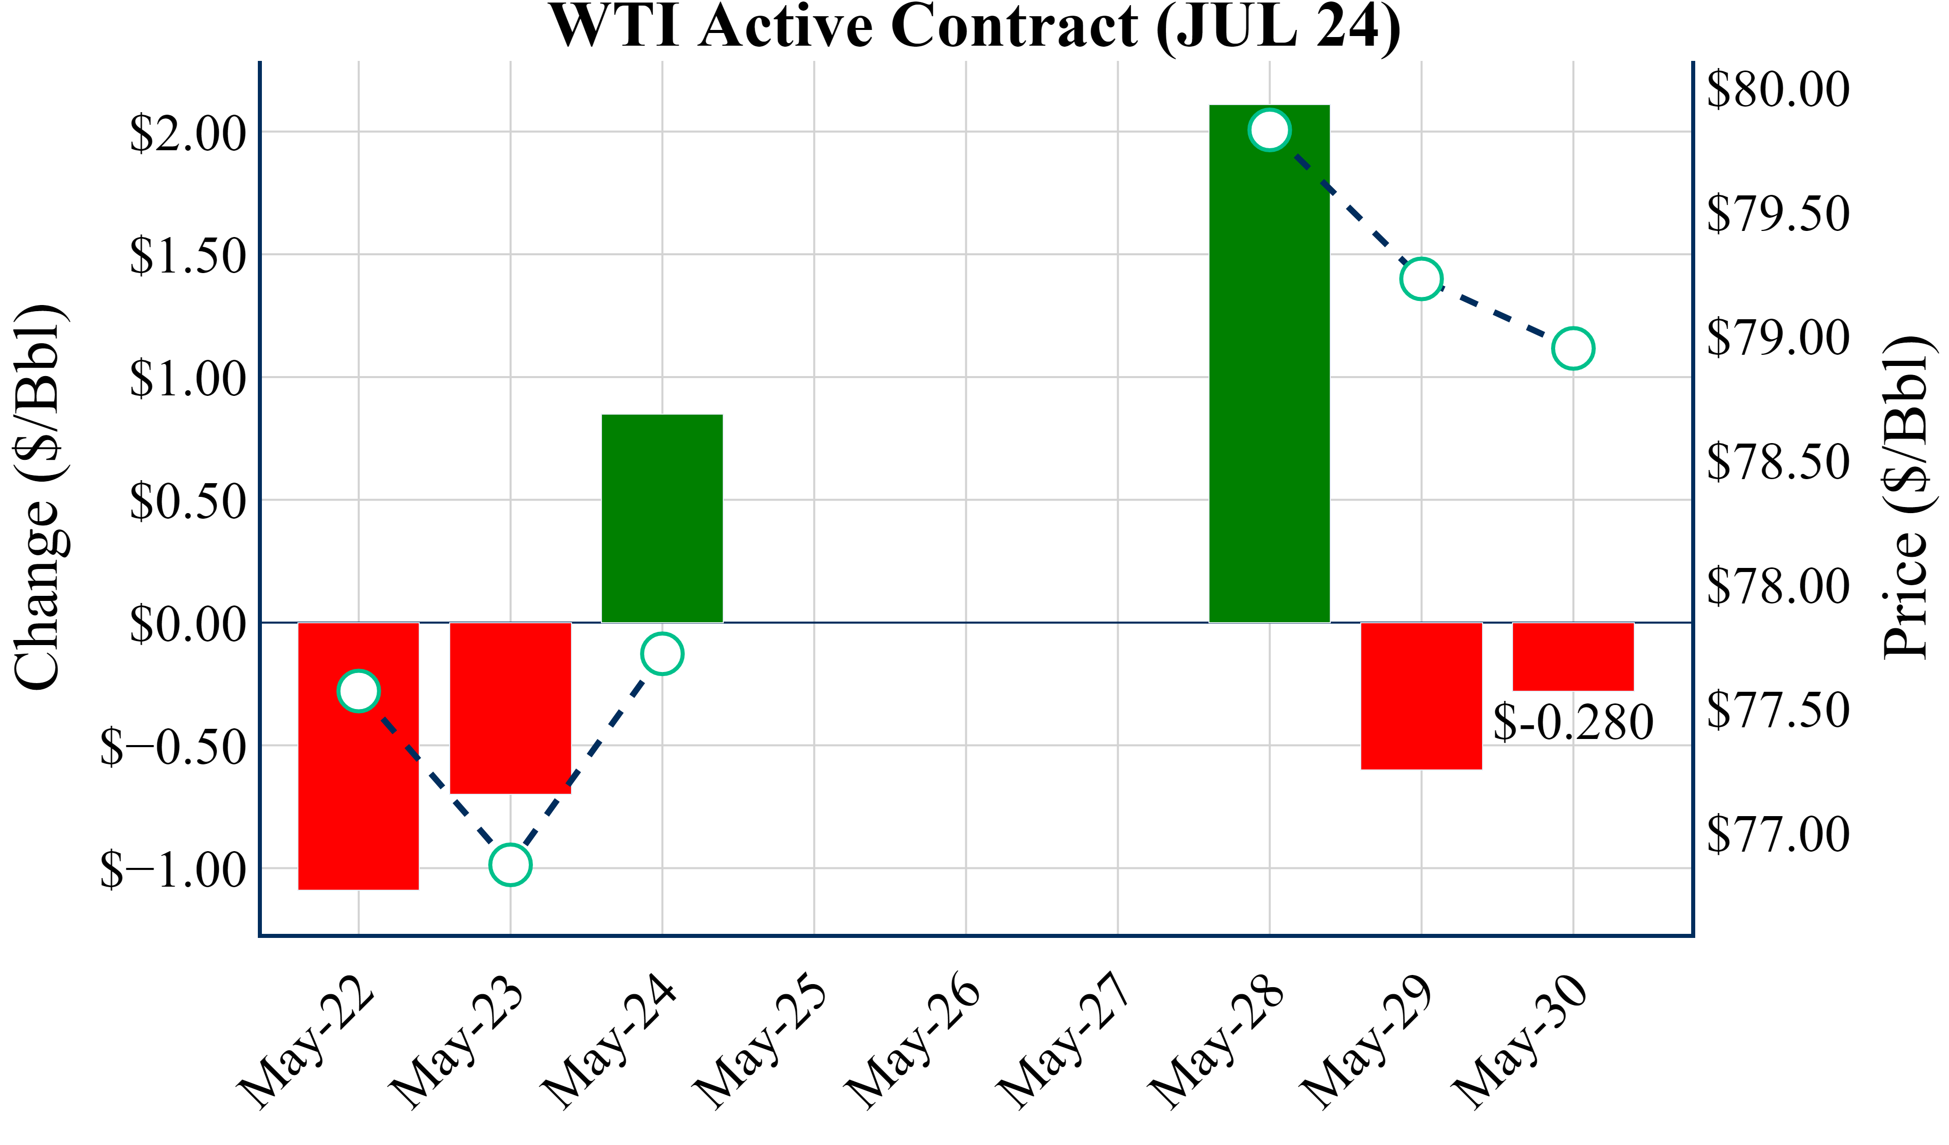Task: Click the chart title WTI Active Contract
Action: click(x=974, y=26)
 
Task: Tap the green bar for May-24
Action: click(x=662, y=518)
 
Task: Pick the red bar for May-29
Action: click(x=1421, y=696)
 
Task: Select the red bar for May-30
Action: click(x=1573, y=656)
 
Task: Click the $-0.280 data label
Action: click(x=1573, y=723)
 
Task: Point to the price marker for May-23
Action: click(x=511, y=864)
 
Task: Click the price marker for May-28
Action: click(x=1269, y=129)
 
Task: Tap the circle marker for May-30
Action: click(x=1573, y=348)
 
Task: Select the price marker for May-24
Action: click(x=662, y=654)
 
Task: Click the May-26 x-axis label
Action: click(x=913, y=1040)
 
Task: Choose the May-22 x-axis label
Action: click(x=306, y=1040)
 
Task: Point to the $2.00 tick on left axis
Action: click(x=188, y=133)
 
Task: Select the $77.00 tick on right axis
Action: click(x=1778, y=834)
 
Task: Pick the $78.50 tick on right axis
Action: click(x=1778, y=462)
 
